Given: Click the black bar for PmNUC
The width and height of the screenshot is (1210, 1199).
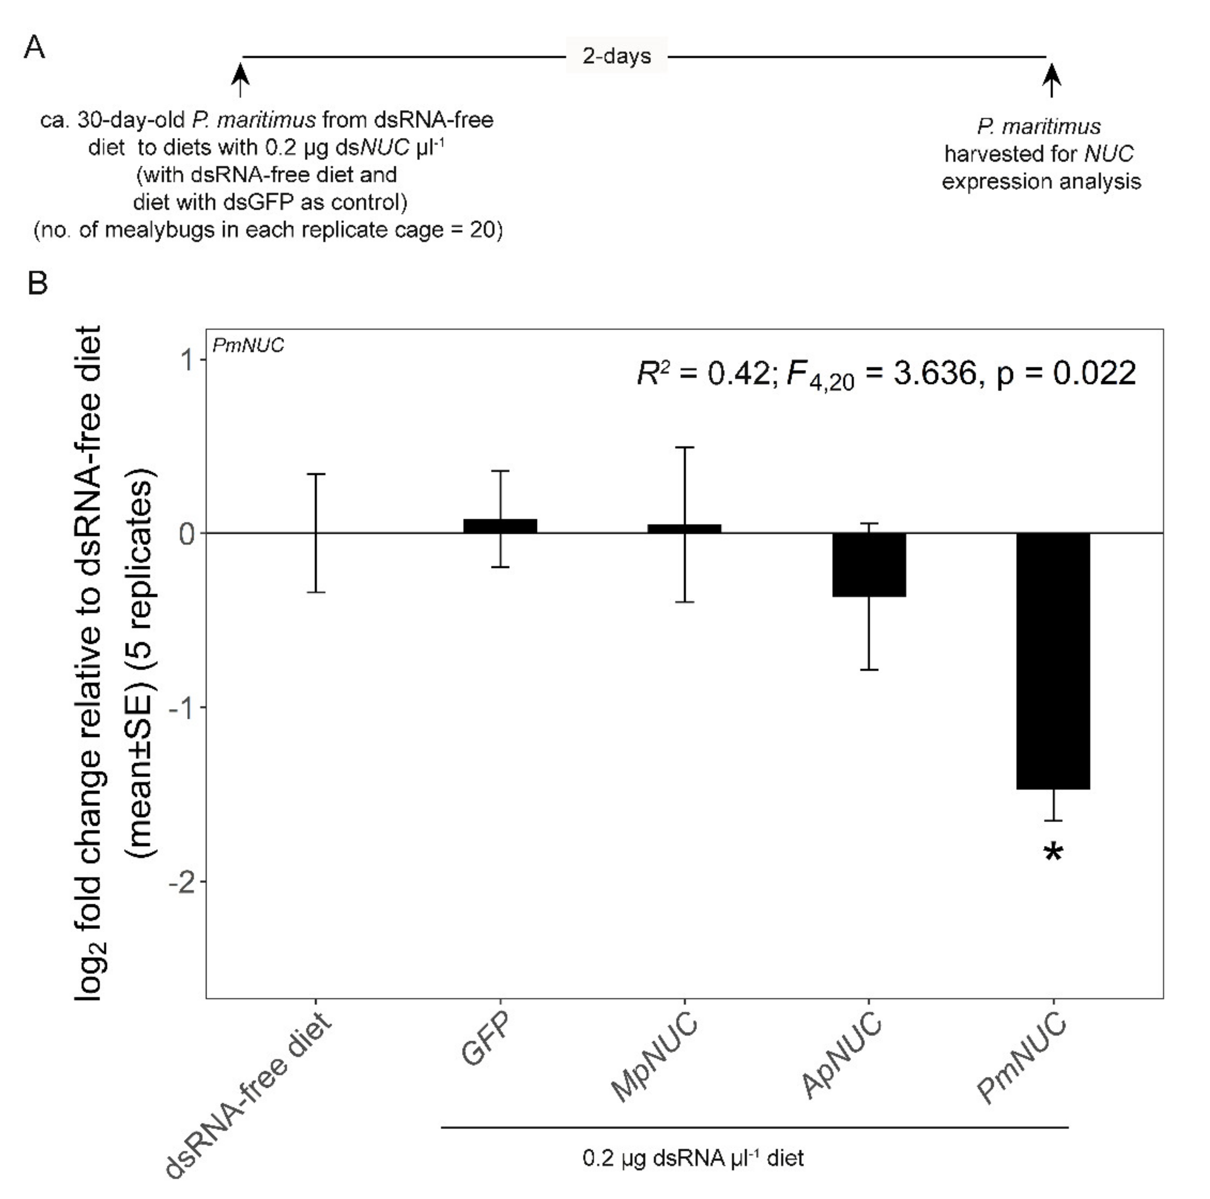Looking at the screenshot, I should [x=1053, y=660].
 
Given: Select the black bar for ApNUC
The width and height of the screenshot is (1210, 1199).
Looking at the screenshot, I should [x=869, y=564].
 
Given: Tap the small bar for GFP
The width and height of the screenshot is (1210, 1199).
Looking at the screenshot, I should [x=500, y=526].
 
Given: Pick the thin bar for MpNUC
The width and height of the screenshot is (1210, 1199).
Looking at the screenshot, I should [x=684, y=528].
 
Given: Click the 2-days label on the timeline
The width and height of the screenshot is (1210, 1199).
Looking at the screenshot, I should [x=616, y=56].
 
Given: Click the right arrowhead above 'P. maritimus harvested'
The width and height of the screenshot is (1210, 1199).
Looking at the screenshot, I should [x=1052, y=73].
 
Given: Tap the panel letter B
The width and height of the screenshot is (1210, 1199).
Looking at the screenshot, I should [x=37, y=284].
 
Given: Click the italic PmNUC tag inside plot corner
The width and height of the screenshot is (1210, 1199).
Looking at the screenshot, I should [x=248, y=345].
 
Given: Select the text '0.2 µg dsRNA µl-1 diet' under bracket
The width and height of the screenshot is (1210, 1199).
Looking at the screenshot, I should [x=692, y=1158].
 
